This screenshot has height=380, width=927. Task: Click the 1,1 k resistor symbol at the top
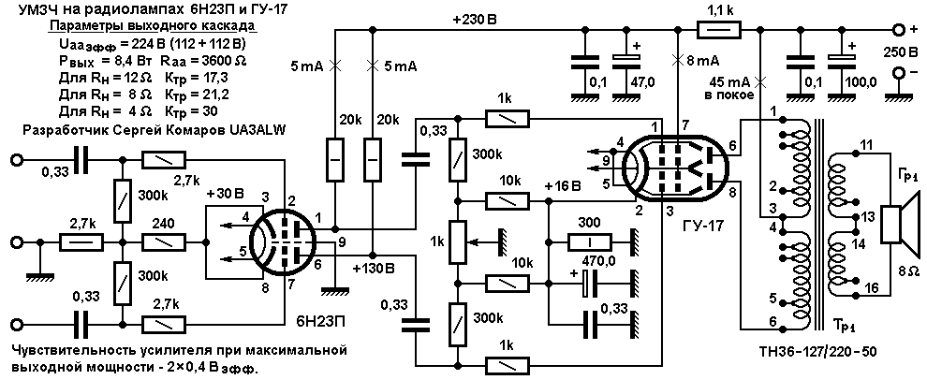tap(719, 29)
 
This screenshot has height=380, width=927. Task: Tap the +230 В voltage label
tap(476, 18)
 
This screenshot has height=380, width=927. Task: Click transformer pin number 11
tap(866, 143)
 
